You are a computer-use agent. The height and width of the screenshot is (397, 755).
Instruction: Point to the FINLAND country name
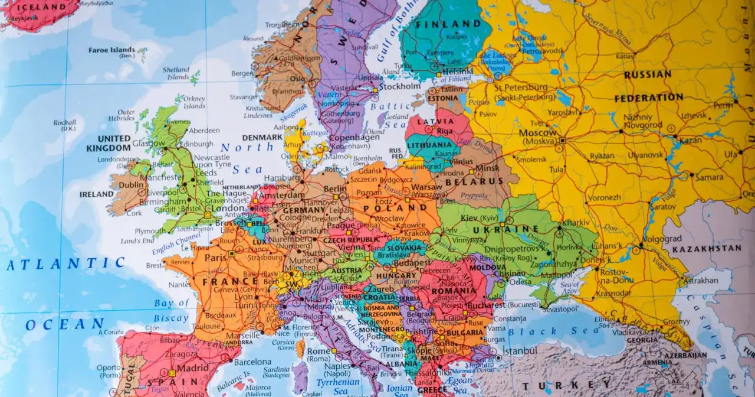(x=448, y=24)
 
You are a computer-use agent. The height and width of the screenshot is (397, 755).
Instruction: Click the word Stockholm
(x=399, y=86)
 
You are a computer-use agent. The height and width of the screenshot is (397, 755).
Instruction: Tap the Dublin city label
(x=131, y=184)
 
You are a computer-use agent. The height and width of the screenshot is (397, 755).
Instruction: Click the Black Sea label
(x=554, y=331)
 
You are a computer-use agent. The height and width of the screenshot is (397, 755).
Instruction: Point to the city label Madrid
(x=193, y=367)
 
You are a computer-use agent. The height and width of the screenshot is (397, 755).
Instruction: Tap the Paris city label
(x=216, y=258)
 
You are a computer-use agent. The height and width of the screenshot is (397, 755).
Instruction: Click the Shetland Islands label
(x=176, y=73)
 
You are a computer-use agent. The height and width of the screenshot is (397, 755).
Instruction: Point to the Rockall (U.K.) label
(x=64, y=125)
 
